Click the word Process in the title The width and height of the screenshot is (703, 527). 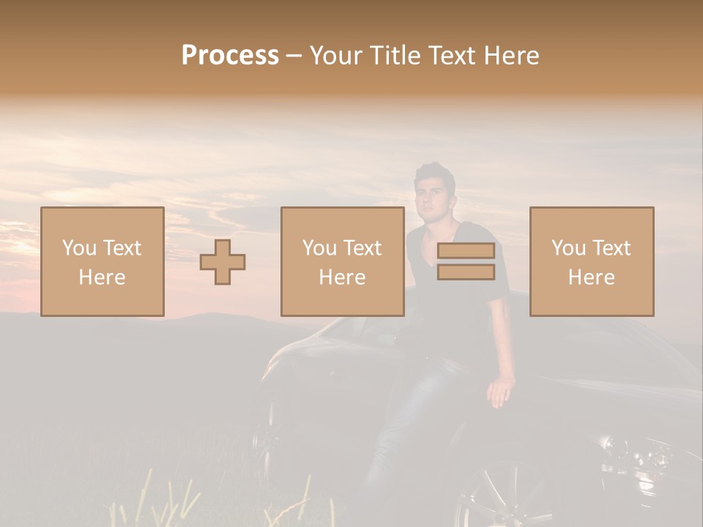coord(230,56)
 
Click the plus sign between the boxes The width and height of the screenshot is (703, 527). coord(223,261)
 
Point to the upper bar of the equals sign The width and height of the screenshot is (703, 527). coord(466,251)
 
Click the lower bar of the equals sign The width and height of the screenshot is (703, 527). coord(466,272)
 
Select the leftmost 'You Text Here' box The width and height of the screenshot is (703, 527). coord(103,261)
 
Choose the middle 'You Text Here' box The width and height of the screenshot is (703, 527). coord(342,261)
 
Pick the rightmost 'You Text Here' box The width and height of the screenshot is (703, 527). coord(592,261)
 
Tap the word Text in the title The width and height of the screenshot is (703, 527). coord(450,56)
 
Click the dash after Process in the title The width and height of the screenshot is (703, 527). coord(294,56)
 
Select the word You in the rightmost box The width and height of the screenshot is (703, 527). coord(568,248)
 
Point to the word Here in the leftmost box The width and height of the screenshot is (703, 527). coord(103,277)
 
